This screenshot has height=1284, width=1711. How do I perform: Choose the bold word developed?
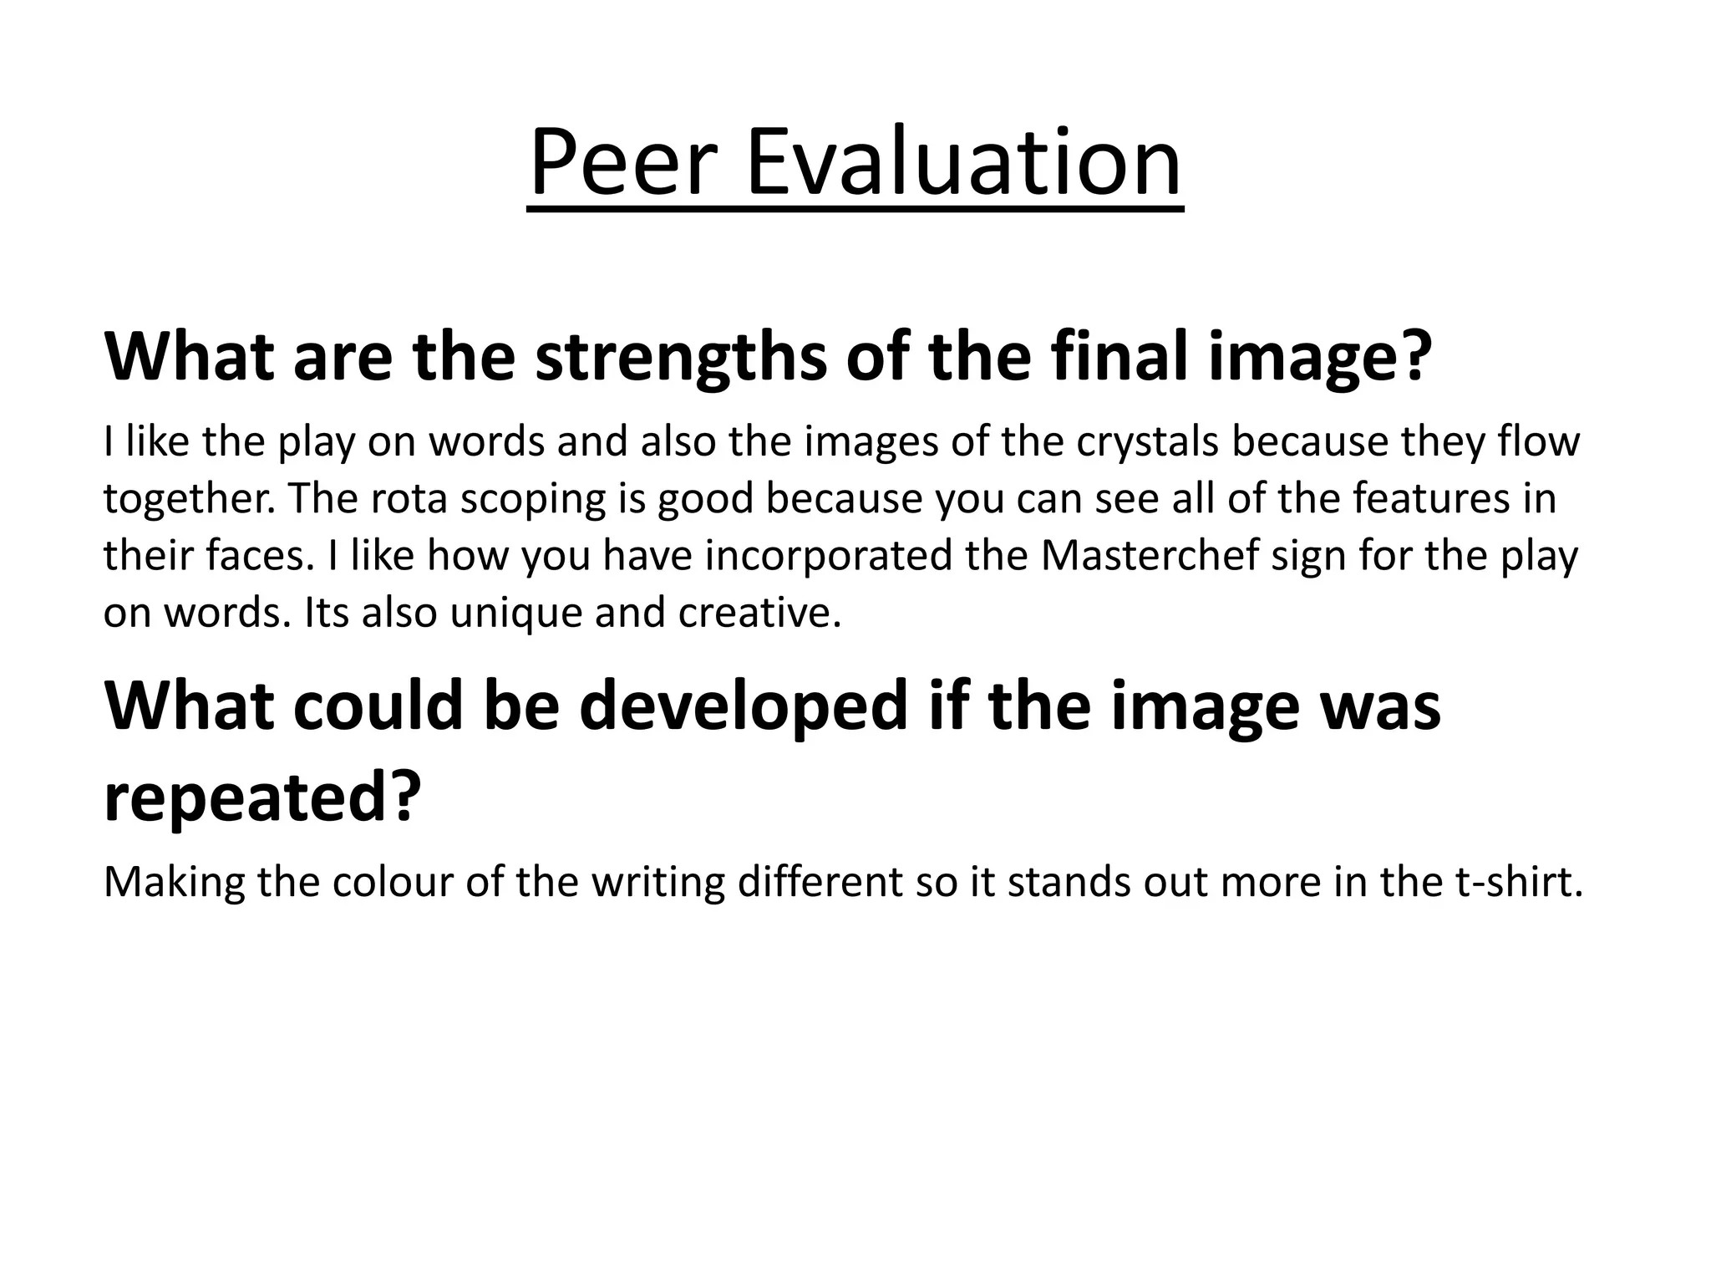[743, 706]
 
